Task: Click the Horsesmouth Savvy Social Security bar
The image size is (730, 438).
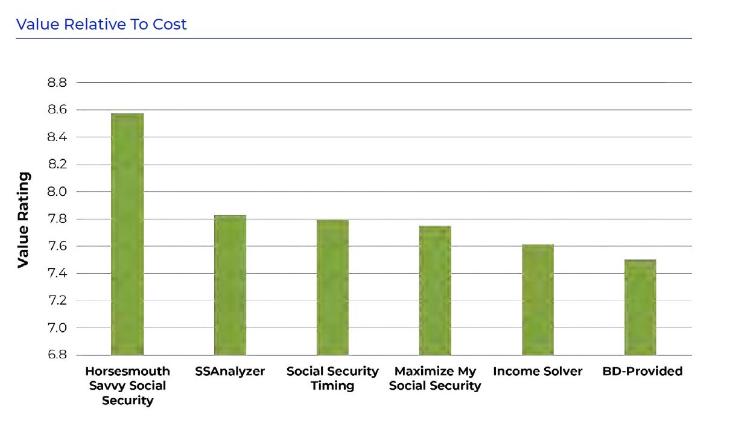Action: coord(127,234)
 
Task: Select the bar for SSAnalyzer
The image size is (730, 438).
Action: coord(230,285)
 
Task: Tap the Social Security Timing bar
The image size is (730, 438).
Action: coord(332,287)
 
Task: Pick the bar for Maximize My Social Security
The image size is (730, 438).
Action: coord(435,290)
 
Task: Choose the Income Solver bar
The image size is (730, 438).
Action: coord(538,300)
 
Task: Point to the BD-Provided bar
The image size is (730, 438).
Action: coord(640,307)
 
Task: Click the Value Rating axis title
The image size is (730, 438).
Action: coord(24,220)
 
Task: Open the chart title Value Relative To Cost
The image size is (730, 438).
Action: coord(101,25)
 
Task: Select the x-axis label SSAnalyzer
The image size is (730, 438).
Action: coord(230,372)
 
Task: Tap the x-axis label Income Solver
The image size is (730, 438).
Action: coord(538,372)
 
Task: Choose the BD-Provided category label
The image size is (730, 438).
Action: coord(642,372)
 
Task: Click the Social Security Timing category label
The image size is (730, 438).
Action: coord(332,378)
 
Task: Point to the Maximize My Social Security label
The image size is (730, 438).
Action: coord(435,378)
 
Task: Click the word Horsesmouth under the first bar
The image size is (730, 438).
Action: coord(127,371)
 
